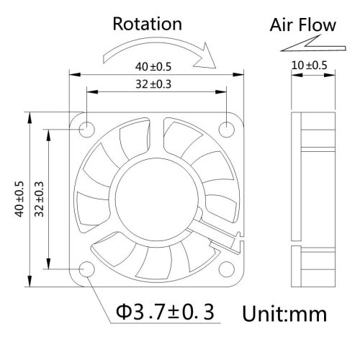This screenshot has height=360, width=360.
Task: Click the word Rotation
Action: (147, 24)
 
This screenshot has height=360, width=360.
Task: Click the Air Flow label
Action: (302, 25)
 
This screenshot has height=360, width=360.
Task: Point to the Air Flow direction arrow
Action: (313, 44)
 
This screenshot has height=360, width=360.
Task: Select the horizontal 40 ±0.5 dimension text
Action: (153, 67)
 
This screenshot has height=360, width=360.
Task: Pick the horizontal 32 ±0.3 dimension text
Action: (153, 84)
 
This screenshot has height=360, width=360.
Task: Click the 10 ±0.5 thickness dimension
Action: (310, 66)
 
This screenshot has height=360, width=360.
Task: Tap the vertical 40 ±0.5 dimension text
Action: (19, 199)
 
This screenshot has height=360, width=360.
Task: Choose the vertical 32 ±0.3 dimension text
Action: (39, 199)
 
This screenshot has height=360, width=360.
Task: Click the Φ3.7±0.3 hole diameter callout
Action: (165, 312)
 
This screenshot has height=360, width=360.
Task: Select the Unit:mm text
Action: (284, 314)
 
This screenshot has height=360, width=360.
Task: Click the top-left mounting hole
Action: (86, 130)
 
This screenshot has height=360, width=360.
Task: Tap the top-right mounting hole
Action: (227, 130)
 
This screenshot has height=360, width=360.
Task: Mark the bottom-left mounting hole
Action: (86, 269)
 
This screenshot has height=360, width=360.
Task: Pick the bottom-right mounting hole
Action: (227, 269)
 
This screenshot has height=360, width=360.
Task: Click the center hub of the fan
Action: (156, 201)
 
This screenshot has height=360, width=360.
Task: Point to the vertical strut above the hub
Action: (156, 138)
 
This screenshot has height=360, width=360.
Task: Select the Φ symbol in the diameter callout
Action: (124, 312)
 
